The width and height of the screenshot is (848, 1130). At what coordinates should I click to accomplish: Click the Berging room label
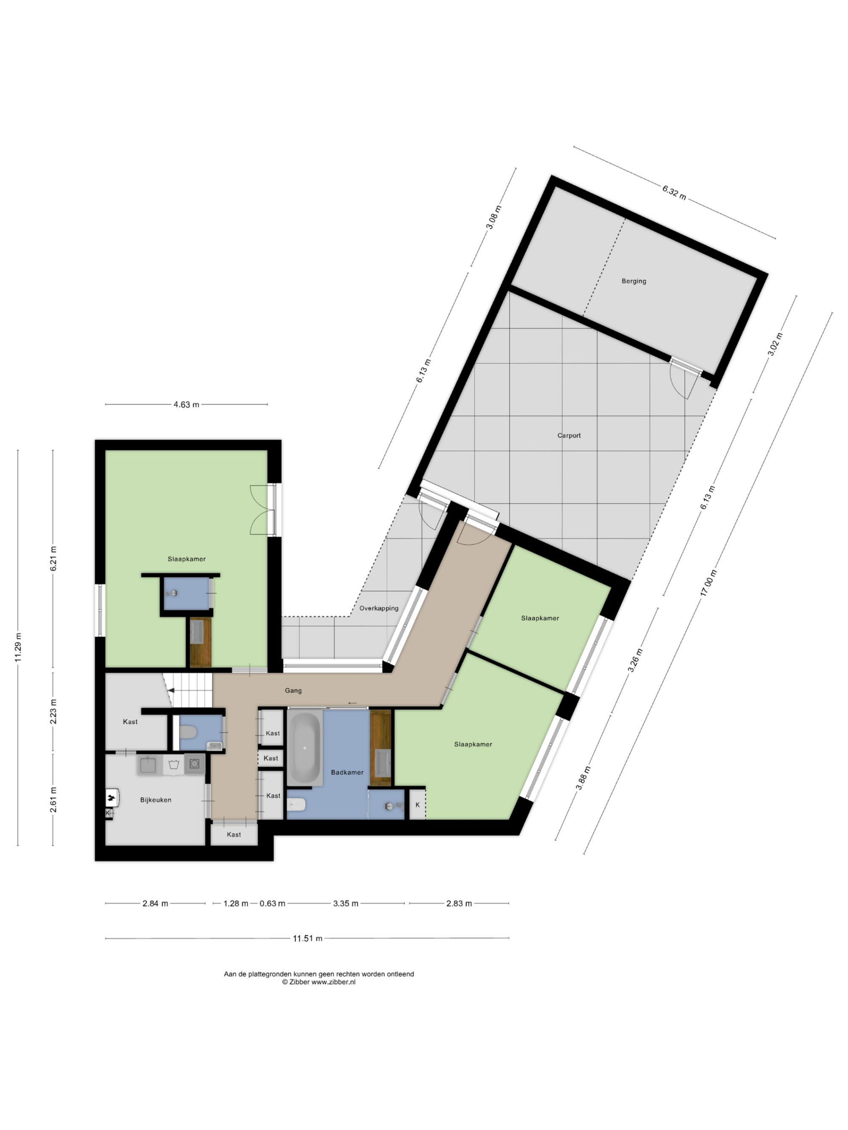[x=634, y=281]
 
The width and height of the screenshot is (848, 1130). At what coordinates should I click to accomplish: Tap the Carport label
[x=569, y=436]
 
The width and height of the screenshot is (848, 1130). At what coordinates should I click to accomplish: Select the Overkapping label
[x=379, y=608]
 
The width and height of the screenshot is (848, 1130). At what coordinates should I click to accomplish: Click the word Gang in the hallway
[x=293, y=691]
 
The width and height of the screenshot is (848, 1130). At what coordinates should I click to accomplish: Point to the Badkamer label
[x=347, y=772]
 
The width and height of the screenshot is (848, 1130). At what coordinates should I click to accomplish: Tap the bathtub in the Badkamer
[x=305, y=750]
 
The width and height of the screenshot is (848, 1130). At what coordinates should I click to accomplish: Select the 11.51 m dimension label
[x=308, y=938]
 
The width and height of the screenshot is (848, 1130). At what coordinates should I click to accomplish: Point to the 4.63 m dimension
[x=186, y=405]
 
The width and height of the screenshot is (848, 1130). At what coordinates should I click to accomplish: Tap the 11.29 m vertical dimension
[x=18, y=647]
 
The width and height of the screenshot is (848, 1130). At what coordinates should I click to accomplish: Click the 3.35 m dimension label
[x=346, y=904]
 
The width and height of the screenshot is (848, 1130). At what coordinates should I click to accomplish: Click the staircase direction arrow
[x=172, y=691]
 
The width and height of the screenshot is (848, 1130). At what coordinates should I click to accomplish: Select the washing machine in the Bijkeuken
[x=194, y=764]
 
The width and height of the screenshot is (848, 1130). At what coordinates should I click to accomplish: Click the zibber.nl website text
[x=333, y=982]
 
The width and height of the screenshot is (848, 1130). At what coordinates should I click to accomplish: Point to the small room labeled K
[x=418, y=805]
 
